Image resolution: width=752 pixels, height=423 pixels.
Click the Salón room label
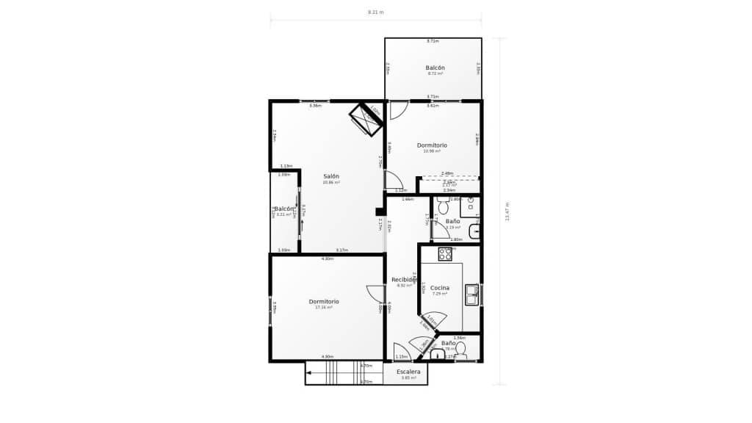[x=331, y=176]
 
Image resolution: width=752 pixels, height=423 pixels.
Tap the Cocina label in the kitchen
[x=440, y=287]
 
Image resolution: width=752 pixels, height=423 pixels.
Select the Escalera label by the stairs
[x=408, y=372]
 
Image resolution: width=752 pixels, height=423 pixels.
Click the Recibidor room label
[x=404, y=279]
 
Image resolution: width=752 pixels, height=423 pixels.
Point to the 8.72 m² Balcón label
[x=435, y=68]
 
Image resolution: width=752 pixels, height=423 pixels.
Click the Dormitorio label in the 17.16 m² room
[x=323, y=301]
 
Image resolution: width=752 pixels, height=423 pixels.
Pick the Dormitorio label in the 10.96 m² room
[x=432, y=145]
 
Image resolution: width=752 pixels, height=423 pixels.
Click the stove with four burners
[x=445, y=254]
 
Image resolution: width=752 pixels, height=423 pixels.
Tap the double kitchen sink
[x=471, y=294]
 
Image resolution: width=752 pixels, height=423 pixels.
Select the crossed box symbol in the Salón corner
[x=365, y=119]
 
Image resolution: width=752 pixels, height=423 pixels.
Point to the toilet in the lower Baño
[x=460, y=350]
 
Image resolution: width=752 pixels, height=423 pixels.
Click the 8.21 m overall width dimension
[x=375, y=12]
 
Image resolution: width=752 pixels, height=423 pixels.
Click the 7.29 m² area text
[x=440, y=294]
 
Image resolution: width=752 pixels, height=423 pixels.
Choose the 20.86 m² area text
[x=331, y=182]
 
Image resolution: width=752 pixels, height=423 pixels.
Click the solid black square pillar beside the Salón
[x=380, y=211]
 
